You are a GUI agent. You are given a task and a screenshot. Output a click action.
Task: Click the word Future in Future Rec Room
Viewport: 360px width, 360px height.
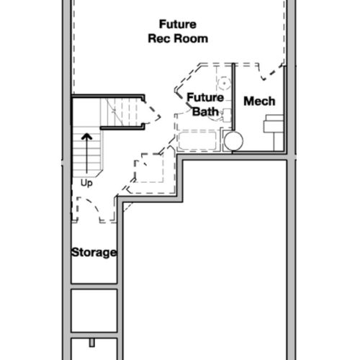point(178,24)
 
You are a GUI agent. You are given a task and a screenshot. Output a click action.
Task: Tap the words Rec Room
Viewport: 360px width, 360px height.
point(178,39)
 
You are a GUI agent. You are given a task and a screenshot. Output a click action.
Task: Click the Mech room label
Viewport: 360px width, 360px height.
point(259,101)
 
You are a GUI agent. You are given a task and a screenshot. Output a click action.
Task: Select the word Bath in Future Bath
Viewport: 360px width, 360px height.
point(205,112)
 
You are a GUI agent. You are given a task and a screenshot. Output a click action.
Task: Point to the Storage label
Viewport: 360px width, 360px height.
point(94,253)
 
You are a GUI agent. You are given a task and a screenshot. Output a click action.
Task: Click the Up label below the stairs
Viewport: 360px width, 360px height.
point(86,183)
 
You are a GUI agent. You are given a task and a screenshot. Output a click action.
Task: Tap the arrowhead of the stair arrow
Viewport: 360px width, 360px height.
point(86,137)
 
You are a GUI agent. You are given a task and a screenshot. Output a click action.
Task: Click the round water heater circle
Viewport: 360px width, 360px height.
point(233,141)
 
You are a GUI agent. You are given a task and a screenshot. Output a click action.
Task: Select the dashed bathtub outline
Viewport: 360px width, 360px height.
point(197,140)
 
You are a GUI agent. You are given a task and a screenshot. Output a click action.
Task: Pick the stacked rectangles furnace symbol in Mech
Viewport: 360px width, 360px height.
point(274,124)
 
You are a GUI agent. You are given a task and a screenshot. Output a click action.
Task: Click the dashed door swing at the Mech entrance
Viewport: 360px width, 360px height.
point(271,72)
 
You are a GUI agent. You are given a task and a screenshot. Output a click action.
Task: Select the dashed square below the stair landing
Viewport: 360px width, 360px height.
point(149,168)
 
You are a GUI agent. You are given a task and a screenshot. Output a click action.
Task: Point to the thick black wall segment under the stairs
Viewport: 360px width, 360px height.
point(122,128)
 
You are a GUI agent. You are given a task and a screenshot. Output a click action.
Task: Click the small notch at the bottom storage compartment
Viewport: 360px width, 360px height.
point(92,343)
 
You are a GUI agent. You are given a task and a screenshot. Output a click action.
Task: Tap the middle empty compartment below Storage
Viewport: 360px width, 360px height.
point(94,311)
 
